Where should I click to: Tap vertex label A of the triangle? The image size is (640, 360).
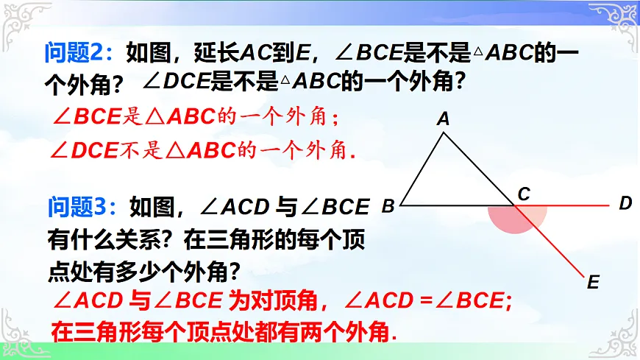coord(443,119)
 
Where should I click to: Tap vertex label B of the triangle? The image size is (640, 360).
coord(388,207)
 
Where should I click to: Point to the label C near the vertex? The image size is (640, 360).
coord(524,194)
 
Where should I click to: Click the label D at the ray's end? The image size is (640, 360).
coord(625,203)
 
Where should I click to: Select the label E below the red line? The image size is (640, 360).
coord(594,281)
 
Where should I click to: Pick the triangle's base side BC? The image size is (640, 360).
coord(456,205)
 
